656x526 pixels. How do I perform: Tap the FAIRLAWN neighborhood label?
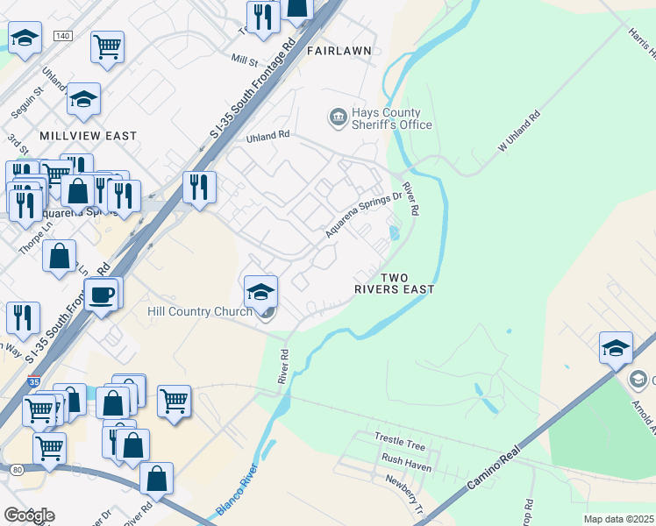[x=339, y=51]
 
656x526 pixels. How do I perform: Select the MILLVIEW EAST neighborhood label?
[x=88, y=136]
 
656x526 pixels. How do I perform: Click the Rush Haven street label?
[x=406, y=458]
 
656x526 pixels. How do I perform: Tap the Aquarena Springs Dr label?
[x=363, y=216]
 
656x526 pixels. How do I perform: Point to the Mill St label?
[x=245, y=61]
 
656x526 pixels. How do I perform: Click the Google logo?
[x=28, y=515]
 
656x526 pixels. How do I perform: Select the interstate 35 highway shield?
[x=33, y=383]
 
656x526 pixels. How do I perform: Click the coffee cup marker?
[x=102, y=294]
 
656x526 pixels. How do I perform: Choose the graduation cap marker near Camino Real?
[x=616, y=347]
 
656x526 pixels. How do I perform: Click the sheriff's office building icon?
[x=337, y=117]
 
